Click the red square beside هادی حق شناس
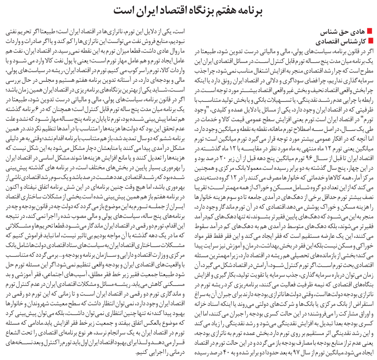pyautogui.click(x=370, y=32)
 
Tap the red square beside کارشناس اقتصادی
pyautogui.click(x=370, y=40)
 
